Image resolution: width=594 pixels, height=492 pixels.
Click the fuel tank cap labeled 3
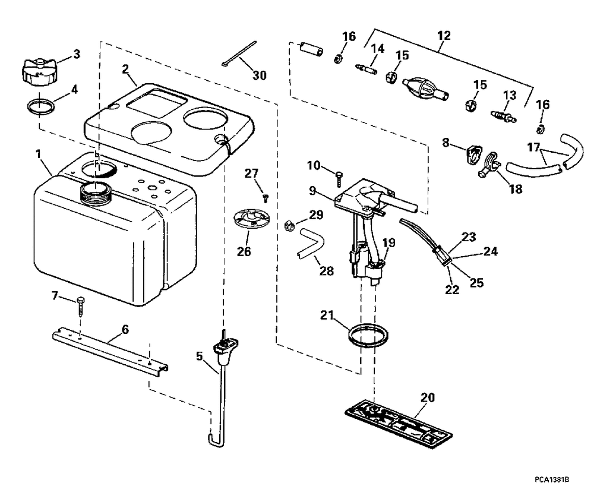[x=39, y=70]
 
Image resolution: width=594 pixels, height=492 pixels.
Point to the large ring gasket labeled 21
[x=368, y=335]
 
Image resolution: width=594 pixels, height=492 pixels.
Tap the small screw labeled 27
[x=267, y=198]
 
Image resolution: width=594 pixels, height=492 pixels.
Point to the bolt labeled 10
[x=339, y=178]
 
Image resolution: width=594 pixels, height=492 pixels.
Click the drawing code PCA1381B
[x=552, y=480]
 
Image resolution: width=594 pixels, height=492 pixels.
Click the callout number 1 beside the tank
[x=37, y=154]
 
